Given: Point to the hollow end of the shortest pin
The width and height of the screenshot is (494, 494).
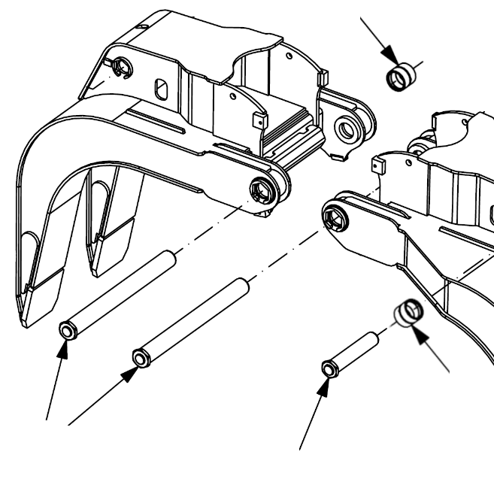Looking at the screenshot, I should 329,368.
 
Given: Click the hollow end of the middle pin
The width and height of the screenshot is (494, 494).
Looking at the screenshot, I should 139,355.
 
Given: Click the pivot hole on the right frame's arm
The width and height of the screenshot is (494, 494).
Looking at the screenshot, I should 332,217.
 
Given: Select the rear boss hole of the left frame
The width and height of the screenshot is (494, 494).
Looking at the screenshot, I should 347,129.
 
